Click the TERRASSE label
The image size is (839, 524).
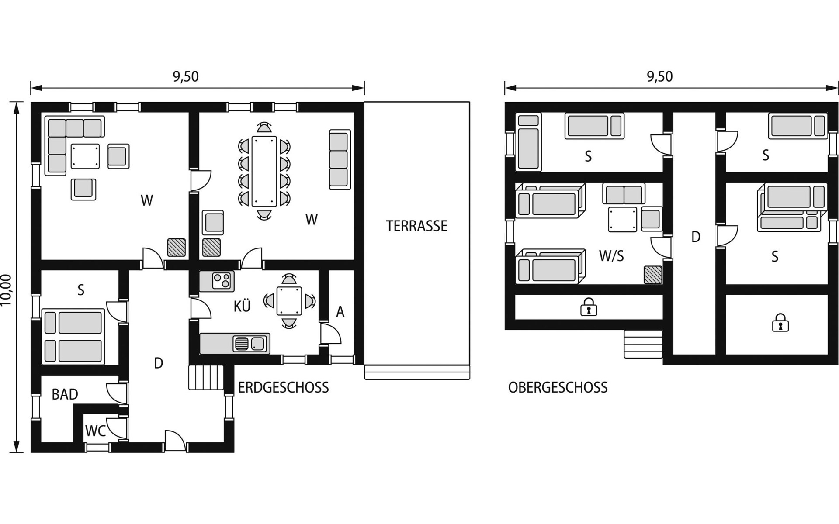pos(416,226)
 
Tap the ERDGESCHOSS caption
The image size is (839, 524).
pos(283,387)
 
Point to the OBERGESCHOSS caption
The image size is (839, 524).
pos(558,387)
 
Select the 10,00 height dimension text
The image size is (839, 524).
pos(6,290)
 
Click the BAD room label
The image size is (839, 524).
pos(65,394)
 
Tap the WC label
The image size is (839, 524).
pos(95,431)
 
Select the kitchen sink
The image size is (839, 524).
pos(250,344)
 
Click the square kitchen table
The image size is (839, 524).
pos(289,301)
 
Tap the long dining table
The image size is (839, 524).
pos(264,171)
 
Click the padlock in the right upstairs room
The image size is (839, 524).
pos(780,324)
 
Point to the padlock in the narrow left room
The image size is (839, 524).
pos(589,307)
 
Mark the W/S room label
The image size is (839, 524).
pos(611,256)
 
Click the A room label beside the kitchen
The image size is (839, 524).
pos(340,312)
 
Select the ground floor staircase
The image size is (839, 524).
pos(206,377)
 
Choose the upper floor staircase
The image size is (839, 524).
pos(643,344)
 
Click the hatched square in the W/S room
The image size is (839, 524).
pos(653,275)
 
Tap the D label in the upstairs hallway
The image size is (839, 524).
pos(696,237)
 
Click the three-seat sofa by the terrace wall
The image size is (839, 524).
pos(340,159)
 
